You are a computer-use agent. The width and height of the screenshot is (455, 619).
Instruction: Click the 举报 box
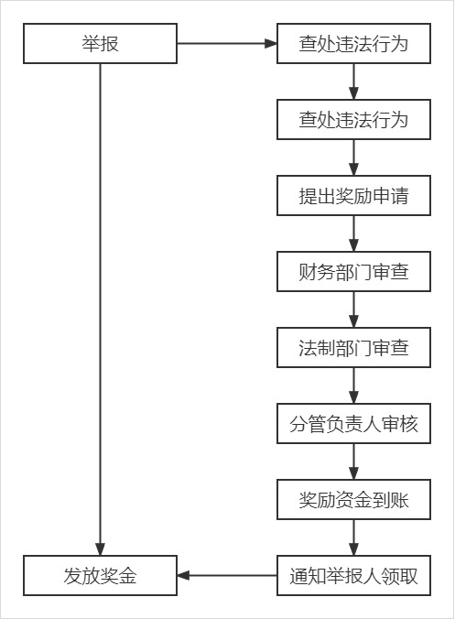100,43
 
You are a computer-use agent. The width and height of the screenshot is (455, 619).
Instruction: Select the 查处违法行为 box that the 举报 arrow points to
353,43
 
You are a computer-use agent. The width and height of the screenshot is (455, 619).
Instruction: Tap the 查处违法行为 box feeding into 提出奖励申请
353,120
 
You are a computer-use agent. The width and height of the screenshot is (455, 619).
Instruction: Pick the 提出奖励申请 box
353,196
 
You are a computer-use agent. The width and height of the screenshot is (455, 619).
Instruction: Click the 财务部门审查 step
353,272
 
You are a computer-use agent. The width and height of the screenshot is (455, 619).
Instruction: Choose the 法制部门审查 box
353,348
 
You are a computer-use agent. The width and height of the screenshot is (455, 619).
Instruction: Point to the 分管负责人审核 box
353,424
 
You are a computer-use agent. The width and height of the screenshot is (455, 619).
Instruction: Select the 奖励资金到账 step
353,500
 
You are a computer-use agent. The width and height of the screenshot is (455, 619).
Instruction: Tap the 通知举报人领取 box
353,576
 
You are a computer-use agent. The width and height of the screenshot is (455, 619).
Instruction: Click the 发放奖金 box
100,576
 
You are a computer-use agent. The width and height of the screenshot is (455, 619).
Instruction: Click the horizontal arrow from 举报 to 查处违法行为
227,43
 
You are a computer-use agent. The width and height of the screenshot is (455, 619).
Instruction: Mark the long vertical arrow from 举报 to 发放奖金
100,309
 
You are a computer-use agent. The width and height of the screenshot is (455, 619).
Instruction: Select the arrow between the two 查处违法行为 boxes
353,81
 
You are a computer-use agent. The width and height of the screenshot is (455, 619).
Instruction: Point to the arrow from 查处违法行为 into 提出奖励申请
353,157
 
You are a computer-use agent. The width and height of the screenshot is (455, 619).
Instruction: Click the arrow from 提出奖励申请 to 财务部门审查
353,233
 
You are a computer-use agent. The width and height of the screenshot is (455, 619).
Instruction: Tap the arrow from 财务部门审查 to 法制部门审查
353,309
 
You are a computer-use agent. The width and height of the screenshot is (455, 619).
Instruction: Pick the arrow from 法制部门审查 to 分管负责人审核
353,386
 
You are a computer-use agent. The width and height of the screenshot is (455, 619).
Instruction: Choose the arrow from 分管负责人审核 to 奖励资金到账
353,462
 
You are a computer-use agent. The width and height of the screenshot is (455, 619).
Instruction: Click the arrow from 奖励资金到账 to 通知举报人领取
353,538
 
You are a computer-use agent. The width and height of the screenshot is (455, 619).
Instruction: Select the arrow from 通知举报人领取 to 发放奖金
227,576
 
